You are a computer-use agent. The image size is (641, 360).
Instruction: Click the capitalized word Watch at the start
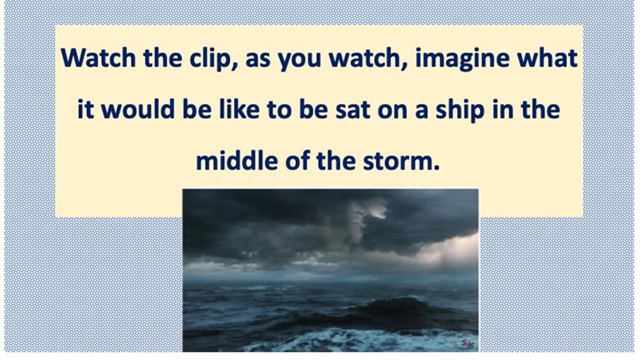(x=99, y=58)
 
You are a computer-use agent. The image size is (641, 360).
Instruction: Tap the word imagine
(x=462, y=59)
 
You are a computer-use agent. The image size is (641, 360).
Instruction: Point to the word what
(x=548, y=58)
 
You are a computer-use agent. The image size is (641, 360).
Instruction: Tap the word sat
(x=352, y=110)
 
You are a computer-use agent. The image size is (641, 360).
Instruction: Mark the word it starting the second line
(x=85, y=110)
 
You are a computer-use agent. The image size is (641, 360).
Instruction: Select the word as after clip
(x=258, y=60)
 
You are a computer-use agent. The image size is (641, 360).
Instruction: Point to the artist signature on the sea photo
(x=468, y=344)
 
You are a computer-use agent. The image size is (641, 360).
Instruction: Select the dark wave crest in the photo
(x=392, y=304)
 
